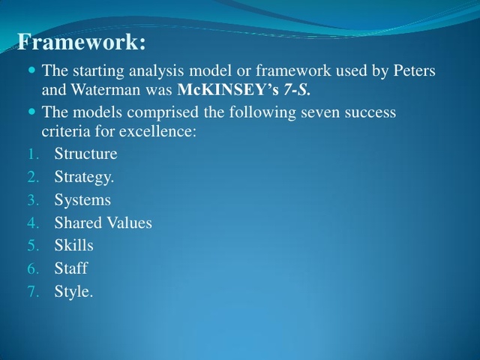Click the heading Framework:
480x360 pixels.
click(81, 43)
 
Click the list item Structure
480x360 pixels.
click(85, 154)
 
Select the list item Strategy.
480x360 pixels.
click(84, 178)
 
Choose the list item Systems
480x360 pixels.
click(82, 200)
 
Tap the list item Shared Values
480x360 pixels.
click(103, 223)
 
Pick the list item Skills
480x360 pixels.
click(73, 246)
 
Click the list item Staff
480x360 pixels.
click(70, 268)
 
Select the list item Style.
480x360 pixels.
click(73, 292)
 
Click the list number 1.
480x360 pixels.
click(32, 155)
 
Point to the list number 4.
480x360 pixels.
click(32, 223)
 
